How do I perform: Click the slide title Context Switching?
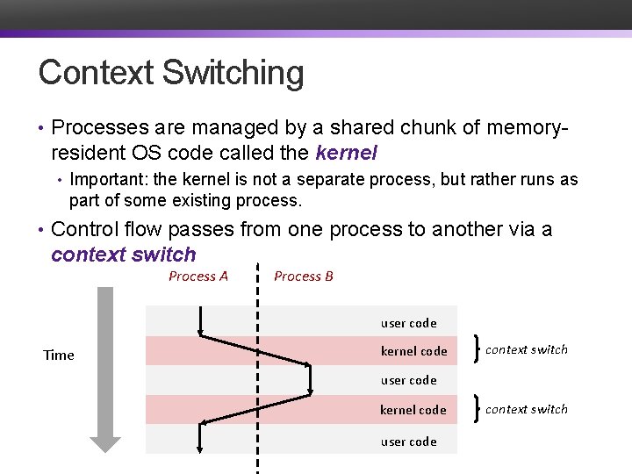[171, 73]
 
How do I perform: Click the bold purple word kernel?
[345, 153]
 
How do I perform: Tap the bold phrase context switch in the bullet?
[124, 255]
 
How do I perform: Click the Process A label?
[198, 276]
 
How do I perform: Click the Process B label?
[304, 276]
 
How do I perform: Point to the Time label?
[59, 355]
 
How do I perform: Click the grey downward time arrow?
[105, 369]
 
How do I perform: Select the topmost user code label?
[408, 323]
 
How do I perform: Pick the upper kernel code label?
[413, 351]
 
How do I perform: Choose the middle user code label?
[408, 380]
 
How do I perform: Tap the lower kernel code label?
[413, 410]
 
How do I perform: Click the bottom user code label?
[408, 442]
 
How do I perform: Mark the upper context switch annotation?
[526, 349]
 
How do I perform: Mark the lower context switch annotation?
[526, 409]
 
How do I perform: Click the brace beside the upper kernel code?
[476, 349]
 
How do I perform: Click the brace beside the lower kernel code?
[476, 409]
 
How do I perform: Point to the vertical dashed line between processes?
[257, 369]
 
